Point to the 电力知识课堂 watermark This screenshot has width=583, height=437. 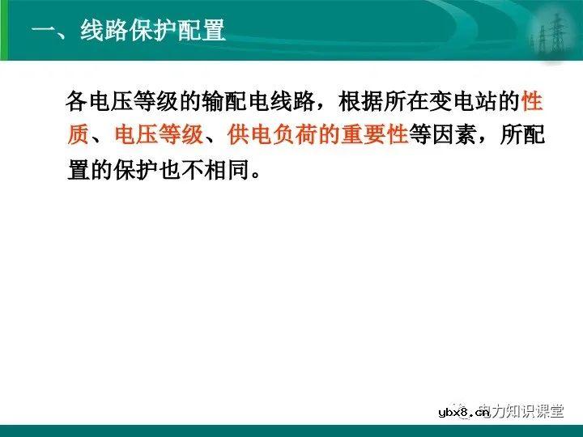pos(521,413)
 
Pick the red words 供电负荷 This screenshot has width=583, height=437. pos(272,135)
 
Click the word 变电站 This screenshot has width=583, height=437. pos(465,103)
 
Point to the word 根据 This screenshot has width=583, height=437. pos(363,103)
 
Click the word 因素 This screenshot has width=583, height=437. pos(453,135)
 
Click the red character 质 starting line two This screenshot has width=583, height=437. pos(79,135)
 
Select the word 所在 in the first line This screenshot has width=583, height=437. pos(408,103)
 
